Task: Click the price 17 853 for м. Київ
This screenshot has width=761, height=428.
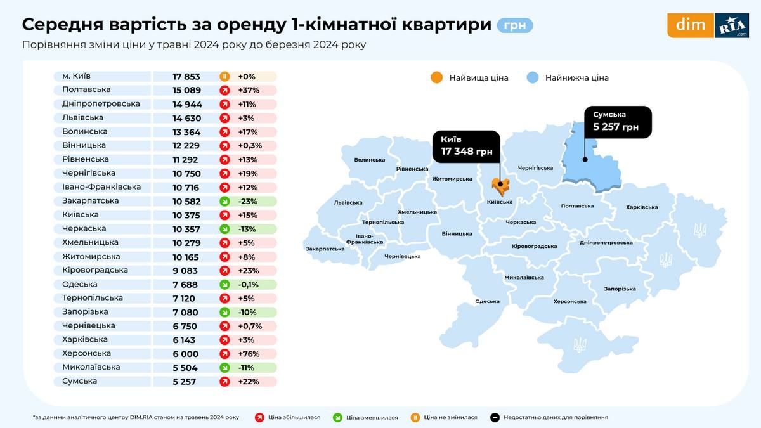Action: pyautogui.click(x=186, y=76)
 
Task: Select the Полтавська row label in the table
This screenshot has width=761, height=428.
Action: pyautogui.click(x=86, y=90)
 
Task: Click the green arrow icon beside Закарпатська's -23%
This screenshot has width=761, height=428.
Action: pyautogui.click(x=224, y=201)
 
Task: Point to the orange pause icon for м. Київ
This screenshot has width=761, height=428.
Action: pyautogui.click(x=224, y=76)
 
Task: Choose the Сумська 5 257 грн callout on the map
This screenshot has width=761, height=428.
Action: pyautogui.click(x=618, y=121)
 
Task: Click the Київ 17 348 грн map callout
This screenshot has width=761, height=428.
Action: pyautogui.click(x=465, y=146)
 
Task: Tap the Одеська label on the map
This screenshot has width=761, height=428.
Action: pyautogui.click(x=487, y=301)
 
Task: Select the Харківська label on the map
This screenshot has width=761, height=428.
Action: pyautogui.click(x=642, y=207)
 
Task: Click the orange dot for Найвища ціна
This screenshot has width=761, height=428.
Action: pyautogui.click(x=436, y=78)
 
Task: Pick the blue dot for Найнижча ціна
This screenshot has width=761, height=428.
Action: pyautogui.click(x=533, y=78)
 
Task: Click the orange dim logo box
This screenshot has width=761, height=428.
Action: pyautogui.click(x=690, y=25)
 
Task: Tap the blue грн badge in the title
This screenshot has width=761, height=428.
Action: pyautogui.click(x=515, y=25)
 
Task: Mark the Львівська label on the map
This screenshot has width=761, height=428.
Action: pyautogui.click(x=348, y=203)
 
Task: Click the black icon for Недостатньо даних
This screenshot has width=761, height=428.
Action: pyautogui.click(x=495, y=417)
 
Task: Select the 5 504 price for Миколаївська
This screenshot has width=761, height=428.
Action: pyautogui.click(x=185, y=368)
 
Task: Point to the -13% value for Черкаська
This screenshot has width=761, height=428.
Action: pyautogui.click(x=246, y=229)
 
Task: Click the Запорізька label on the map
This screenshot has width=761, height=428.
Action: pyautogui.click(x=620, y=289)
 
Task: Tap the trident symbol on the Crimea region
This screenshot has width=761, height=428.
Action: pyautogui.click(x=579, y=344)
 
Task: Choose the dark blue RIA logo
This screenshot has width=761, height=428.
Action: pyautogui.click(x=732, y=25)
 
